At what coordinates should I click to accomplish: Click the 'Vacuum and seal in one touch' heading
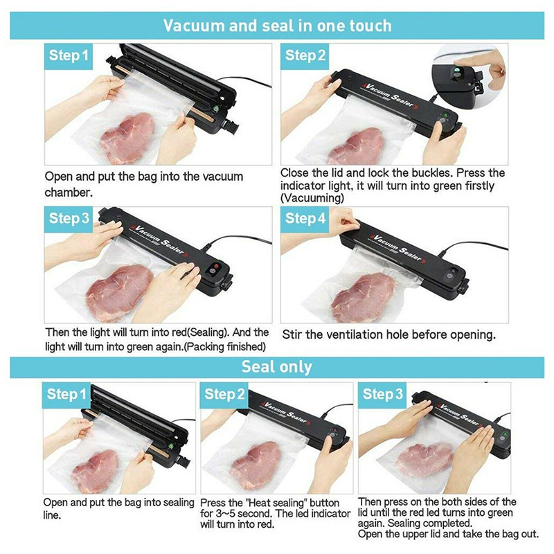[x=278, y=26]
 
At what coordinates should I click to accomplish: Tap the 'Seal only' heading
[x=277, y=367]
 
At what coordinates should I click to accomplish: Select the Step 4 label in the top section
[x=305, y=218]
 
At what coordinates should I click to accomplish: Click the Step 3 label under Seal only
[x=383, y=394]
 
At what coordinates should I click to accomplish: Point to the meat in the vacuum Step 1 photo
[x=127, y=138]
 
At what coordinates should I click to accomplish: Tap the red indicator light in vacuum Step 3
[x=215, y=266]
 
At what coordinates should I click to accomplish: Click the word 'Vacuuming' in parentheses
[x=312, y=198]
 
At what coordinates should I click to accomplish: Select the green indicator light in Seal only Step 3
[x=504, y=434]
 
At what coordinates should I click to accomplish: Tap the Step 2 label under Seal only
[x=224, y=394]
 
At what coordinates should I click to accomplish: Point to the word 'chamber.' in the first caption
[x=69, y=193]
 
